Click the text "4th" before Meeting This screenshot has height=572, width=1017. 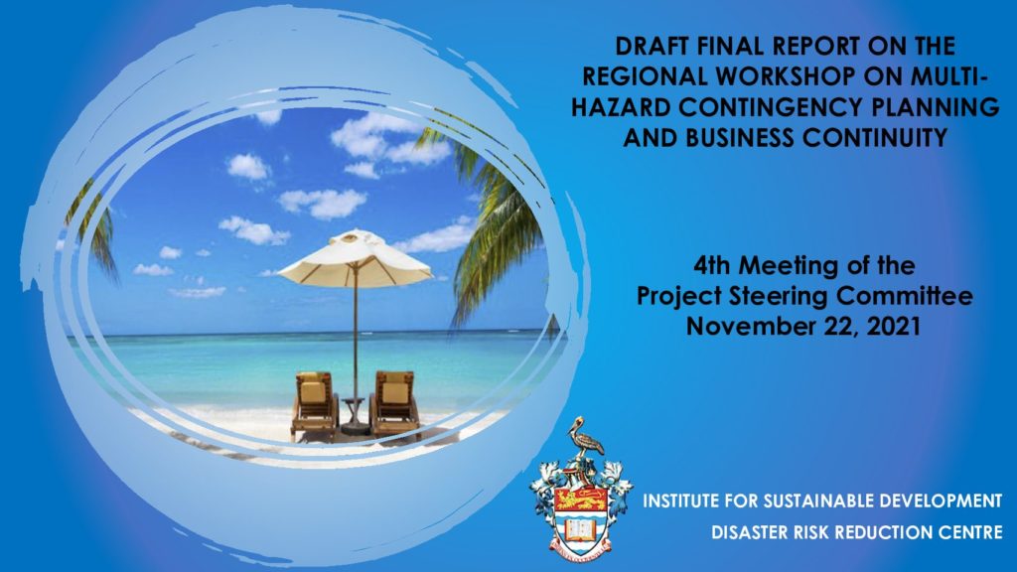[x=713, y=265]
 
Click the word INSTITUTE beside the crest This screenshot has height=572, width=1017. [x=680, y=501]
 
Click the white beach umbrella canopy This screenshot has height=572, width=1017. [x=356, y=257]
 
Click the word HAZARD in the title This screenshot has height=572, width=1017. [x=621, y=107]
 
